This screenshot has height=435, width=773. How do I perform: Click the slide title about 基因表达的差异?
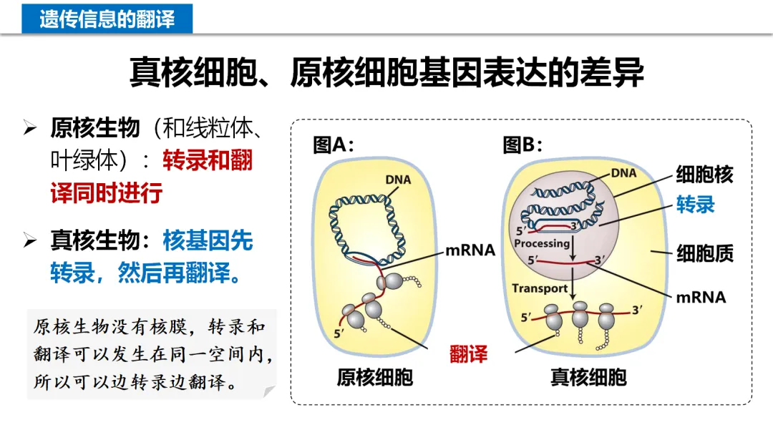coord(386,72)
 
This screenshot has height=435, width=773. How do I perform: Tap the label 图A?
coord(334,145)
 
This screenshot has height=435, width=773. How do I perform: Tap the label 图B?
coord(522,145)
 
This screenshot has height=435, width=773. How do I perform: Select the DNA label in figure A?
coord(398,179)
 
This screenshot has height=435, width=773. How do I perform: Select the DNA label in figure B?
coord(623,172)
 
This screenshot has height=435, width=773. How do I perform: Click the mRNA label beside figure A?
coord(470,250)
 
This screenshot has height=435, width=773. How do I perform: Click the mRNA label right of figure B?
coord(701,297)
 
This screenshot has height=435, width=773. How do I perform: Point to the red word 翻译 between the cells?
coord(468,353)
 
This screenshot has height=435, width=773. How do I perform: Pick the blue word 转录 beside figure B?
coord(696,205)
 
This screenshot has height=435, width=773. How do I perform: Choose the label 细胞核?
coord(704,175)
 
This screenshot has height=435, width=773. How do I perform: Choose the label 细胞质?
coord(705,253)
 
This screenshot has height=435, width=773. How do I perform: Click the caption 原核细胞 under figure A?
coord(374,377)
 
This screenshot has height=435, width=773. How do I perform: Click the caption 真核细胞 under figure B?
coord(588,377)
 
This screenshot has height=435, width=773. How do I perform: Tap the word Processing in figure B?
coord(542,243)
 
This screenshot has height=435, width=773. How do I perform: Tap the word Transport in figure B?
coord(538,288)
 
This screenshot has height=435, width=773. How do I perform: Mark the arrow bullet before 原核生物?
coord(29,129)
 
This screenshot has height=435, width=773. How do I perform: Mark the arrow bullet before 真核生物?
coord(29,240)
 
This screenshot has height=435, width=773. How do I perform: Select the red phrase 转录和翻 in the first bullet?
coord(208,160)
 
